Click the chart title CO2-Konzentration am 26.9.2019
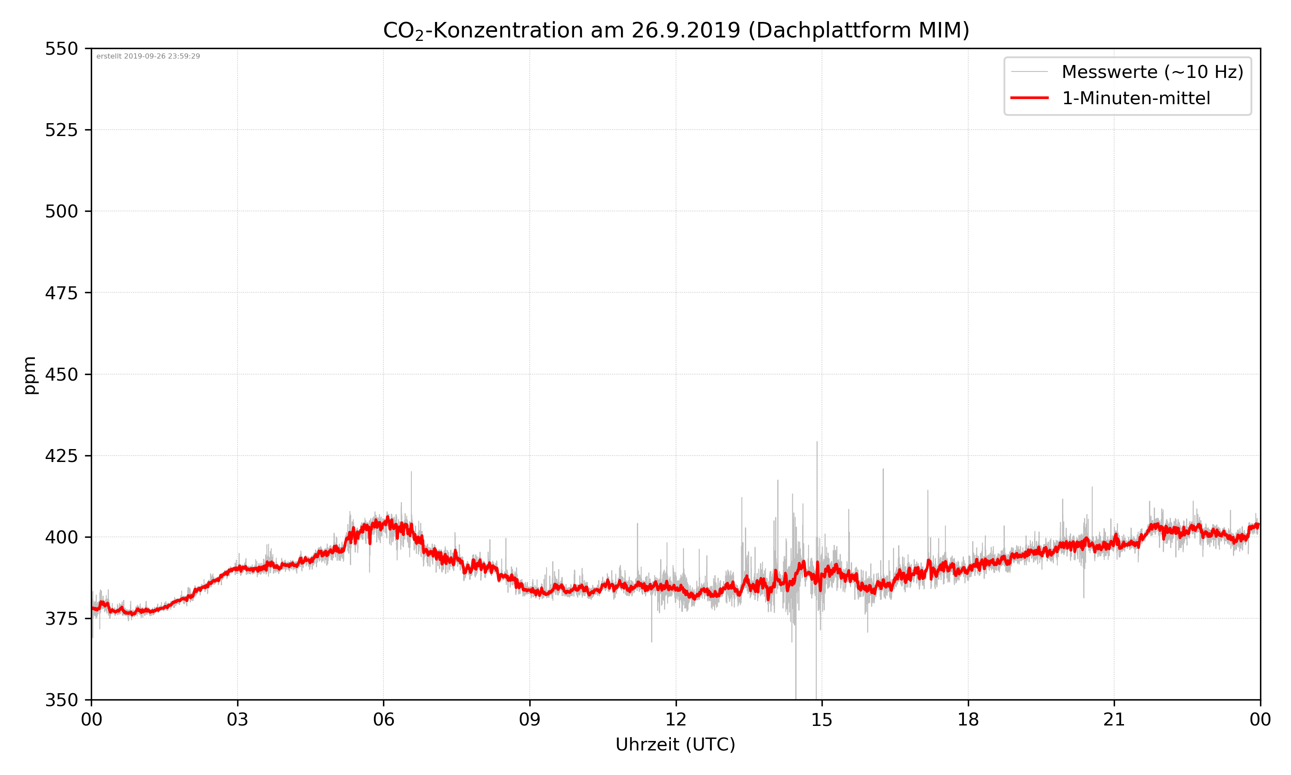click(676, 30)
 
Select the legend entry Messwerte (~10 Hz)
click(1152, 72)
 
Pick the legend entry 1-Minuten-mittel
click(1136, 98)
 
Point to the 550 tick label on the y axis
click(61, 49)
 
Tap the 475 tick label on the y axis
click(61, 293)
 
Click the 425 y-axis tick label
click(61, 456)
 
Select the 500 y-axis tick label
click(61, 211)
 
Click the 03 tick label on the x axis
click(238, 719)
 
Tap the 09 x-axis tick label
click(530, 719)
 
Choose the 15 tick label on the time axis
click(822, 719)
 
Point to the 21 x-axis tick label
click(1114, 719)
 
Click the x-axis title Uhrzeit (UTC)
click(675, 745)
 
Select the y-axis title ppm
click(30, 375)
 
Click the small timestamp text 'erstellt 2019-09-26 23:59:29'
click(148, 56)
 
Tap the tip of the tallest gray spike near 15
click(817, 442)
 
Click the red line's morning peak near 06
click(388, 518)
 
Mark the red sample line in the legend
click(1029, 98)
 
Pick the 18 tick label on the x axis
click(968, 719)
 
